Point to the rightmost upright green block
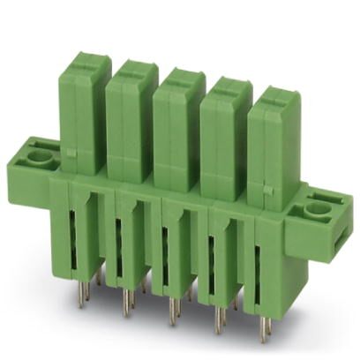coord(272,146)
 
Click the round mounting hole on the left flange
coord(37,160)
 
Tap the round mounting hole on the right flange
coord(317,209)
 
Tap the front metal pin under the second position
coord(124,304)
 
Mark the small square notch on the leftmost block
coord(71,157)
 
